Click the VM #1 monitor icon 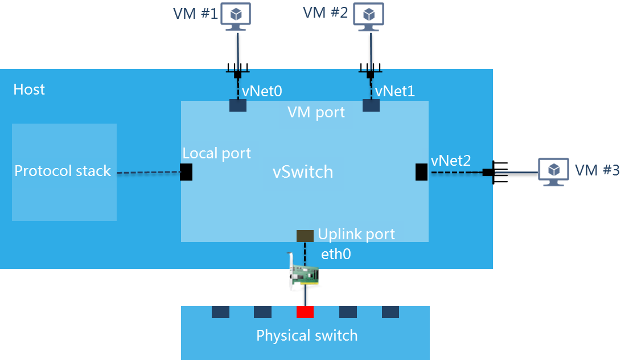[237, 16]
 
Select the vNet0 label [262, 91]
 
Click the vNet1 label [395, 91]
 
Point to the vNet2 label [451, 161]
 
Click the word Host [29, 89]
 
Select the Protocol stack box [64, 171]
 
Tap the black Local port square [186, 172]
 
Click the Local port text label [216, 153]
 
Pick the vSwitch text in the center [302, 172]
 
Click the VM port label [316, 112]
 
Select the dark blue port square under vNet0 [238, 105]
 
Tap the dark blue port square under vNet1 [371, 105]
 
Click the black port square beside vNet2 [421, 172]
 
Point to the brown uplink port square [305, 235]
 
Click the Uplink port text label [356, 234]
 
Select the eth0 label [336, 254]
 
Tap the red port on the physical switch [305, 312]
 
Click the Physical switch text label [307, 336]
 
